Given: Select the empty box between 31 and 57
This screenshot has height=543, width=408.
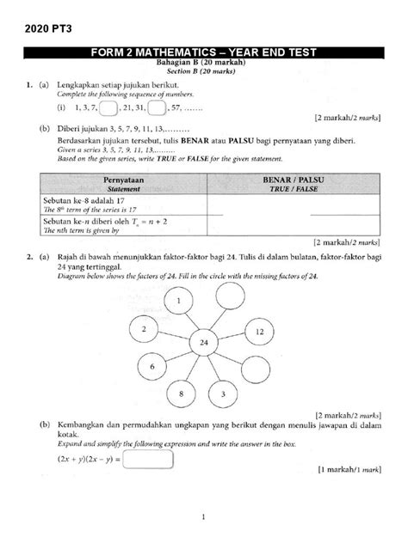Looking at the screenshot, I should click(x=157, y=108).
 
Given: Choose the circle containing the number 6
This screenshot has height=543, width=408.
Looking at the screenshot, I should click(x=152, y=366).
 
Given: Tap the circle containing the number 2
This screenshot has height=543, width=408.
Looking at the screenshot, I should click(x=144, y=330).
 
